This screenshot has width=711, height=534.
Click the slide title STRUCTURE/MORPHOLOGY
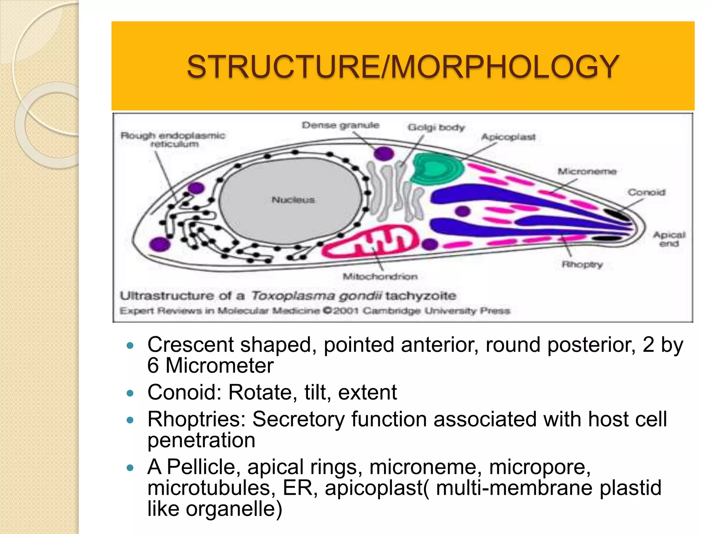click(x=403, y=67)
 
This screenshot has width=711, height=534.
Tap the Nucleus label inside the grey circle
click(x=293, y=200)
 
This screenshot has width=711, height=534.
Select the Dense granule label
click(x=340, y=125)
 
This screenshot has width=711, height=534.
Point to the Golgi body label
click(x=436, y=128)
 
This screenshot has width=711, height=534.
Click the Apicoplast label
click(x=508, y=137)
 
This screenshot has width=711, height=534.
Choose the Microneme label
click(x=587, y=171)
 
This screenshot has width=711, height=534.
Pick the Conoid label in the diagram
click(x=646, y=192)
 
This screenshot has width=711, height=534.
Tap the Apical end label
click(x=669, y=239)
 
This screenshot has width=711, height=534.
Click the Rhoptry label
click(x=582, y=265)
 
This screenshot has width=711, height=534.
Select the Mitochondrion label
click(x=380, y=277)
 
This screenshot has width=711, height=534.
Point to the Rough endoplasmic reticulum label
click(x=173, y=139)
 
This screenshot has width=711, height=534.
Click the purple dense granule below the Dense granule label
click(x=384, y=153)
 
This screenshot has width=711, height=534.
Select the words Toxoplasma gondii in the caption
click(x=316, y=296)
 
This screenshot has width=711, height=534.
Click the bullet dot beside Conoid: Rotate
click(x=130, y=394)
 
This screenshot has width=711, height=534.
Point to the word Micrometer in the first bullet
click(x=219, y=366)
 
